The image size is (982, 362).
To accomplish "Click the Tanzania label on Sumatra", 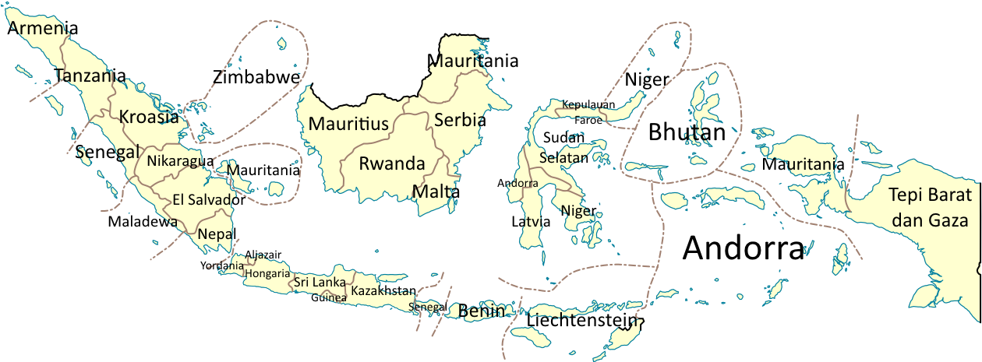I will point(84,76).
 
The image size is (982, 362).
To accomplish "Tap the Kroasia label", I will point(149,117).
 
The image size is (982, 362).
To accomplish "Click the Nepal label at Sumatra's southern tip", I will point(214,234).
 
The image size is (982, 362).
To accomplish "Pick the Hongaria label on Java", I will point(267,273).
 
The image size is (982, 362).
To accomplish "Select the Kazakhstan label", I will point(381,291).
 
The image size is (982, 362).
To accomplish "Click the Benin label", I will point(482,311).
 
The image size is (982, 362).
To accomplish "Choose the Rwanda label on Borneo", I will point(391,164).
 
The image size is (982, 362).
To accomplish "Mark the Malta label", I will point(433,192).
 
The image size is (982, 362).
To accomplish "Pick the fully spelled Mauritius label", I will point(348,124).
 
